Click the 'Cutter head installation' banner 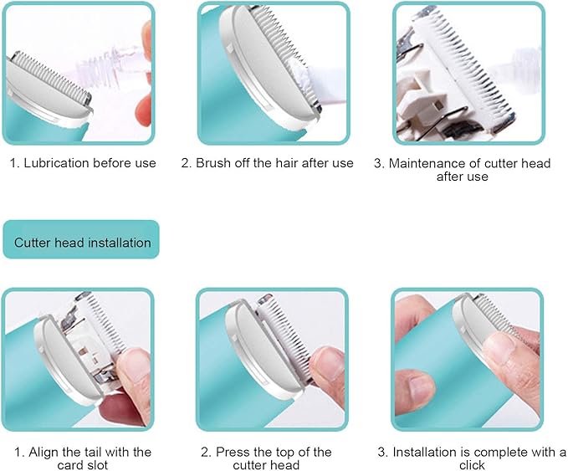coord(81,243)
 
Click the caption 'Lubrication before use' coord(83,163)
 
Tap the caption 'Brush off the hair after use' coord(267,163)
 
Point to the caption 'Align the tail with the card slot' coord(82,458)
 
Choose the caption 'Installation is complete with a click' coord(471,458)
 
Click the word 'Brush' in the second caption coord(212,163)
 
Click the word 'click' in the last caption coord(471,465)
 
